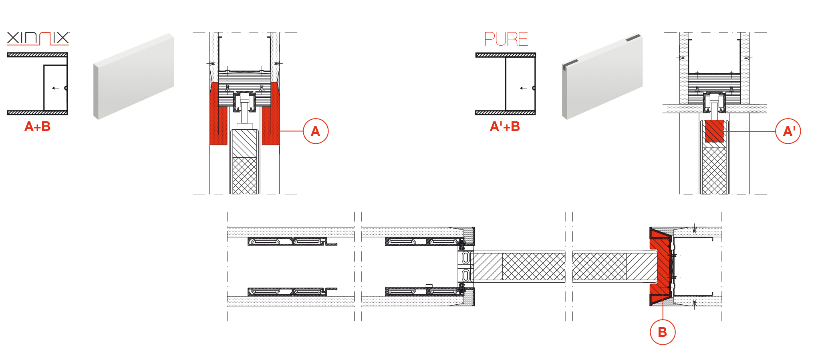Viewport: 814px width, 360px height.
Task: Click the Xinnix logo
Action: [38, 38]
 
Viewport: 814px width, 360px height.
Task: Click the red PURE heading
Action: [506, 39]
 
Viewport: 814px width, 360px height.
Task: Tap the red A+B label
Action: [38, 127]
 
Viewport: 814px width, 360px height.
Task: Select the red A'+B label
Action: [505, 127]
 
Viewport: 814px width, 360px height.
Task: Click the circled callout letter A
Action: [316, 131]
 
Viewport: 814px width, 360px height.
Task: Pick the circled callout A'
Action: [788, 131]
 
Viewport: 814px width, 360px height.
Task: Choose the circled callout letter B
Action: [663, 332]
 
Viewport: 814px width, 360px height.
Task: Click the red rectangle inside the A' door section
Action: [714, 131]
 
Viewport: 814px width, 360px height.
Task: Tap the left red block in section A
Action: [218, 114]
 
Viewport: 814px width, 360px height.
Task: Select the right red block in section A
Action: [271, 114]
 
